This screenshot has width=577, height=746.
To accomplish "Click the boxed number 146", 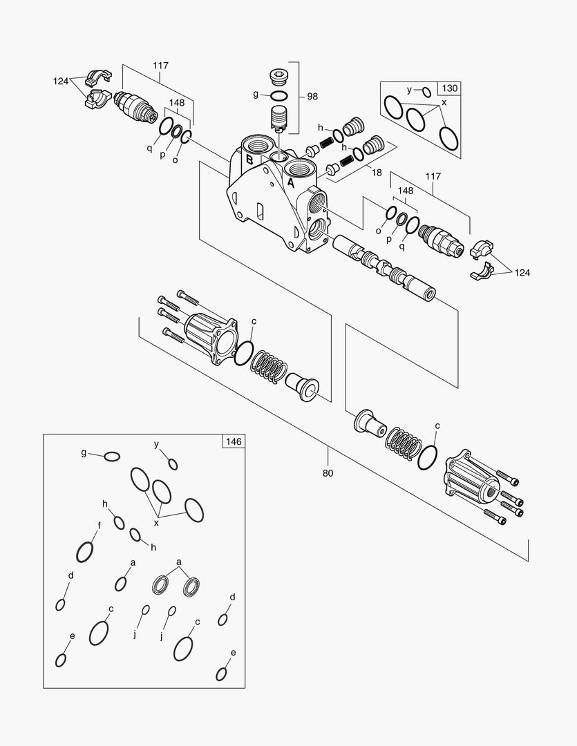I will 233,440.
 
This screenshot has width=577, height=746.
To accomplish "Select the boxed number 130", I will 449,88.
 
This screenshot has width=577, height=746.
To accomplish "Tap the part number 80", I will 328,473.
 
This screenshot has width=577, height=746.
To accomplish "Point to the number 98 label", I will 312,96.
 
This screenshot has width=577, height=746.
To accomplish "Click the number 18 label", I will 377,173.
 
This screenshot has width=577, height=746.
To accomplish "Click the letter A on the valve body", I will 291,184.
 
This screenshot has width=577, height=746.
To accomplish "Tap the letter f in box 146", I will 99,525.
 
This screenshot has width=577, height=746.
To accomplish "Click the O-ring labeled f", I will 84,551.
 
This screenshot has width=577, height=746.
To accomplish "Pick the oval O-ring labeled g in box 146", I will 111,456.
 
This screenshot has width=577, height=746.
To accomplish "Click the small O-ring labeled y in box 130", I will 426,91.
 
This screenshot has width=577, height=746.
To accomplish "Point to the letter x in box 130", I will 444,102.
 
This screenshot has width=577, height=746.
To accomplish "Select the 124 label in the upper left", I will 61,82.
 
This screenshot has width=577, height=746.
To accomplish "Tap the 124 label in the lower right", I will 522,273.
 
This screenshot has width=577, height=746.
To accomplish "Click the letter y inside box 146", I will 157,444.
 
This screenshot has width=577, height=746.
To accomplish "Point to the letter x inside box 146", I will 157,523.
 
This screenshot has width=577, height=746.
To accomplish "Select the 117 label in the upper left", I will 160,66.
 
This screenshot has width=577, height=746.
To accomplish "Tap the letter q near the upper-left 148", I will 149,146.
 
